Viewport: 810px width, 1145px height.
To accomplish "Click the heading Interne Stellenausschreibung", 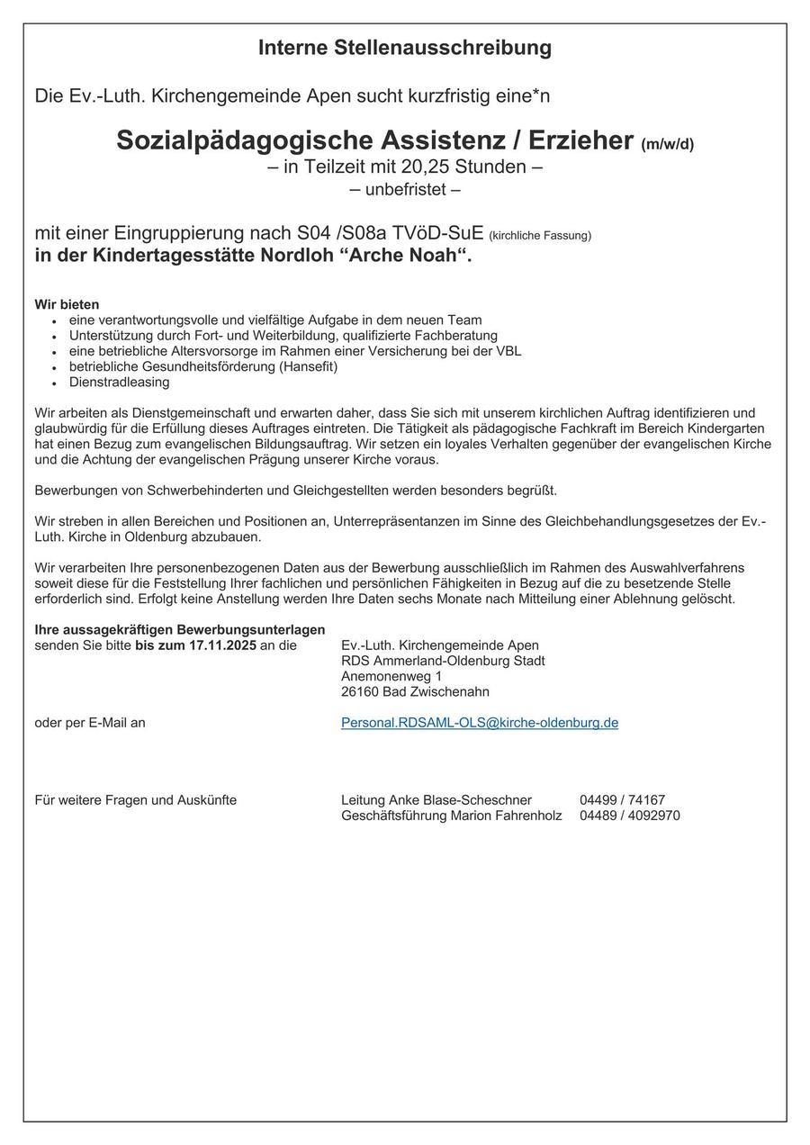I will [405, 48].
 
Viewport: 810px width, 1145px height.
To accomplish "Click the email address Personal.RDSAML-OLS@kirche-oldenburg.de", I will [480, 723].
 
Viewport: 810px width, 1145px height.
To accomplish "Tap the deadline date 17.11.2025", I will [222, 645].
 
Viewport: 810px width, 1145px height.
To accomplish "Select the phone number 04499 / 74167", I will [623, 800].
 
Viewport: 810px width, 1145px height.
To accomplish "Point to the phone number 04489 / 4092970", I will [630, 816].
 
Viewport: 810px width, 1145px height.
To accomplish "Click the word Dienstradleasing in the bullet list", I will [119, 382].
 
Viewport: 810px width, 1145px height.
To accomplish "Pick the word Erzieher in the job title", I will [580, 140].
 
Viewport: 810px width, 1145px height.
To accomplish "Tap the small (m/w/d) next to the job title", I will [667, 144].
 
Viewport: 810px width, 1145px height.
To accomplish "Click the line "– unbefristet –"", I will [405, 190].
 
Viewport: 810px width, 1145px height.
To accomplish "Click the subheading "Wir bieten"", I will [67, 304].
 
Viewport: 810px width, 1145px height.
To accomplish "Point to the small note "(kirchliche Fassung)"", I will [540, 236].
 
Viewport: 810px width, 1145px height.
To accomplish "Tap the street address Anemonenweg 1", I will [391, 676].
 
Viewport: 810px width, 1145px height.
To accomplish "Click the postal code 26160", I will [360, 691].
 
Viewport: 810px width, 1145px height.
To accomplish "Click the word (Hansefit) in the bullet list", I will [308, 366].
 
